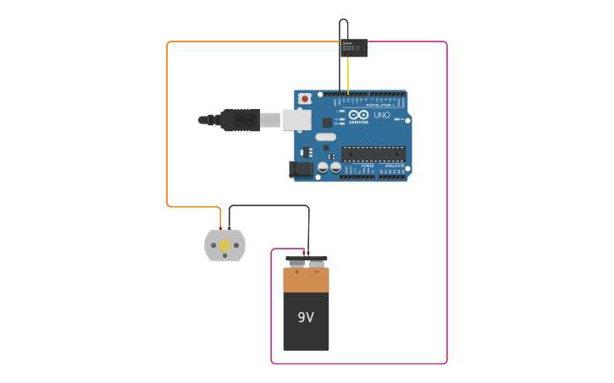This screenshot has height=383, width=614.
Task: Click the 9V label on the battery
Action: tap(306, 318)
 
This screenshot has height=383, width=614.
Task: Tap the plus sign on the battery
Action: tap(296, 272)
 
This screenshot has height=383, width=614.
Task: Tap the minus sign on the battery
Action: tap(317, 272)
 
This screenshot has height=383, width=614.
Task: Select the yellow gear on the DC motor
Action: tap(225, 245)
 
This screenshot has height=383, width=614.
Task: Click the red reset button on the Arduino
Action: tap(305, 99)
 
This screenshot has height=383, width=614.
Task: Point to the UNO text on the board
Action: tap(382, 115)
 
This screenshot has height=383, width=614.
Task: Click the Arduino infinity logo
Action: tap(358, 115)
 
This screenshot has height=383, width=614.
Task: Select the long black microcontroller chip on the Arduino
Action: tap(373, 154)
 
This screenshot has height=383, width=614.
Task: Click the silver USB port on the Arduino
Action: tap(296, 119)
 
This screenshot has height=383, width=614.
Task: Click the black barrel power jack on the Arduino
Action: tap(301, 170)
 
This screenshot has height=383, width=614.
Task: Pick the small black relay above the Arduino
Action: tap(354, 47)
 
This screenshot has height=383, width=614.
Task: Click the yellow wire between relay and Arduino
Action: tap(348, 74)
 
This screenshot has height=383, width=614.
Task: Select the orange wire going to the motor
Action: tap(167, 127)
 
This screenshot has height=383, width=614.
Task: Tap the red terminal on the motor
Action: tap(220, 228)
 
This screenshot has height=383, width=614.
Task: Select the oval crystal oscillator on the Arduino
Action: tap(325, 136)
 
